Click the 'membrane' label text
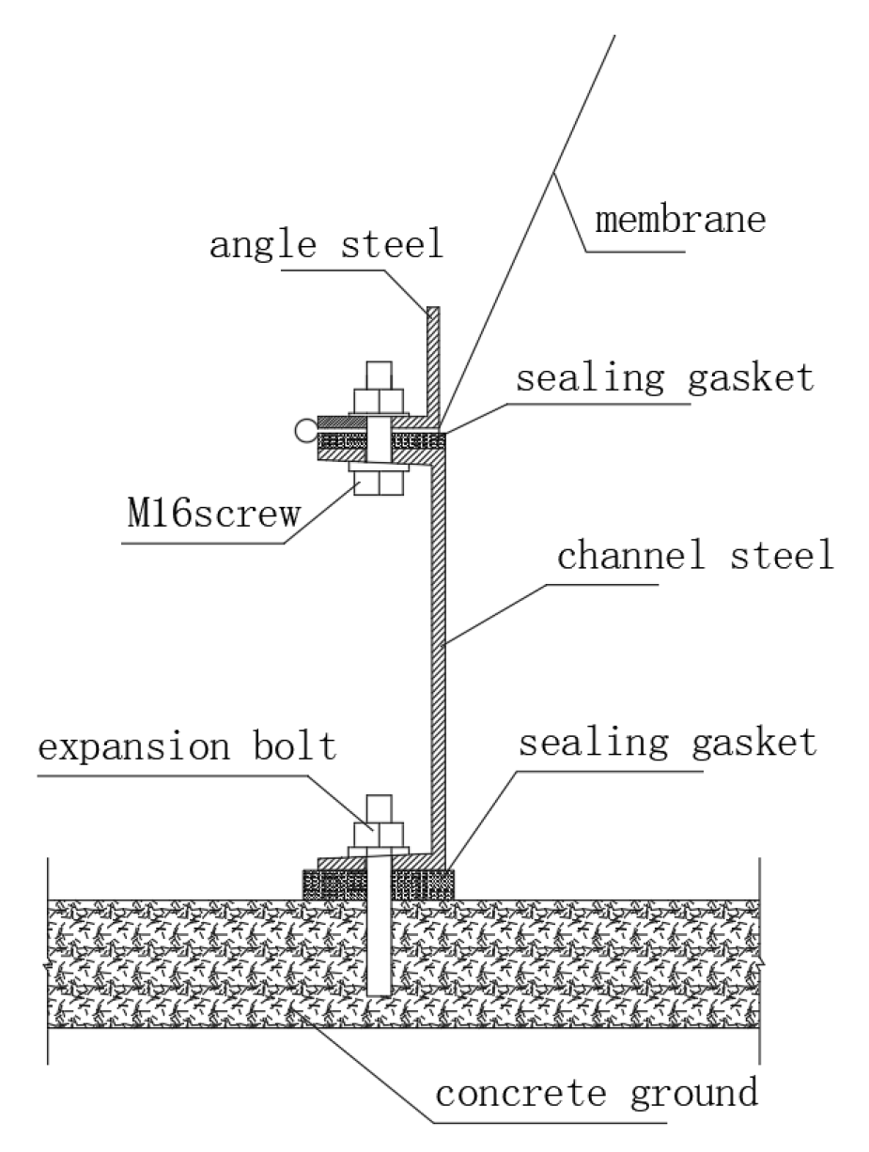click(681, 221)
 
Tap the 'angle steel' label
click(326, 245)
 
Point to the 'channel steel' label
click(695, 556)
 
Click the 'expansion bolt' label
click(187, 747)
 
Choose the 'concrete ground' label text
click(597, 1093)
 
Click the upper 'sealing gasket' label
click(664, 378)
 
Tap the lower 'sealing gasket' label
click(667, 743)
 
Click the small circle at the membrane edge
click(303, 431)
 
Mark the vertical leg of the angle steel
click(432, 361)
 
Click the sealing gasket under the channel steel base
click(423, 883)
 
